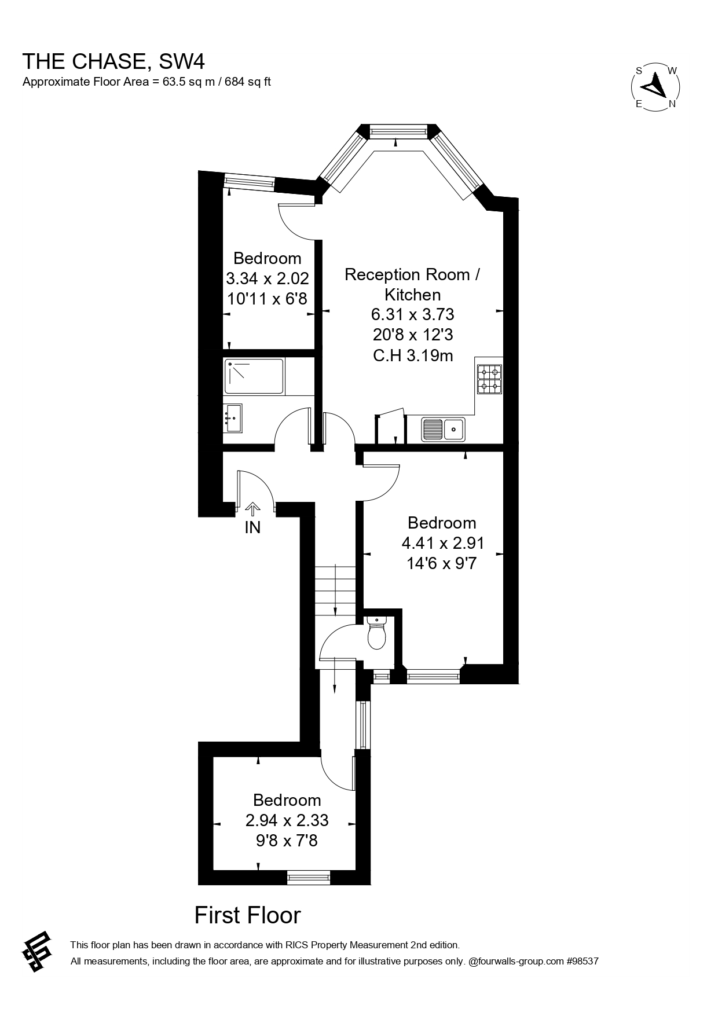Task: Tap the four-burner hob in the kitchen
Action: pyautogui.click(x=489, y=379)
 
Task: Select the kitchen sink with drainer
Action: pyautogui.click(x=443, y=429)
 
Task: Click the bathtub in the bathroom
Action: pyautogui.click(x=254, y=376)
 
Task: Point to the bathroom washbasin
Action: pyautogui.click(x=234, y=417)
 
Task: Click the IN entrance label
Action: pyautogui.click(x=252, y=527)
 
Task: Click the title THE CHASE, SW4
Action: pyautogui.click(x=113, y=61)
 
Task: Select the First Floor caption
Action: pyautogui.click(x=247, y=915)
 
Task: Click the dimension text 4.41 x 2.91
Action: pyautogui.click(x=442, y=543)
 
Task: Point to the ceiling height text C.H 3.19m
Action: pyautogui.click(x=412, y=355)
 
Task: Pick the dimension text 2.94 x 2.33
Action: pyautogui.click(x=287, y=820)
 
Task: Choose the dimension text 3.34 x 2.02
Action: pyautogui.click(x=267, y=278)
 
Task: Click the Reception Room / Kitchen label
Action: pyautogui.click(x=412, y=284)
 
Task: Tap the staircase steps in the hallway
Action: pyautogui.click(x=335, y=590)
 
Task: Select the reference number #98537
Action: pyautogui.click(x=582, y=962)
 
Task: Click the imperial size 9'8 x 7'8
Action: pyautogui.click(x=287, y=840)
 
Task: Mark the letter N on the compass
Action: pyautogui.click(x=672, y=104)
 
